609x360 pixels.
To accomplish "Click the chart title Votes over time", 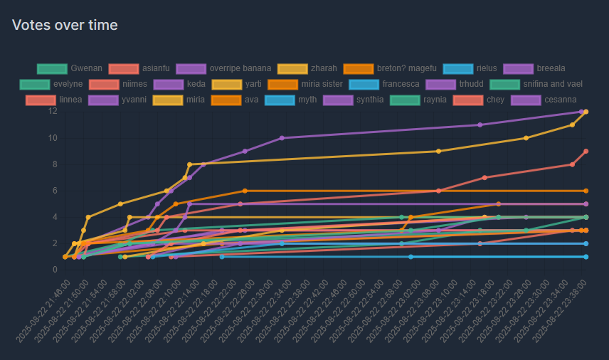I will tap(65, 25).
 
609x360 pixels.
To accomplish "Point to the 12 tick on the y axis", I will tap(53, 111).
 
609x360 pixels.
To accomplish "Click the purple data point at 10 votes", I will tap(282, 138).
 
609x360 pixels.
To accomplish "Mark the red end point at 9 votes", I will tap(586, 151).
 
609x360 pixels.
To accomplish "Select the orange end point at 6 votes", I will tap(586, 191).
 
